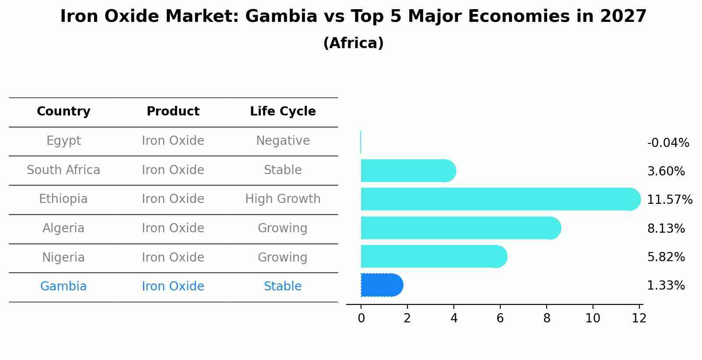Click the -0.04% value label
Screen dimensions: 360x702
tap(668, 143)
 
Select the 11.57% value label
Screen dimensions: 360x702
tap(669, 200)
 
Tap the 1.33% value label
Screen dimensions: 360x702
tap(666, 286)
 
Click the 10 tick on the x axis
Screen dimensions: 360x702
tap(593, 318)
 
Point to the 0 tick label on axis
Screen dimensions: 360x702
tap(361, 318)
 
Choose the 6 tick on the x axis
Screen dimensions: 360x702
tap(500, 318)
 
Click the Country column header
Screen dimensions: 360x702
tap(63, 112)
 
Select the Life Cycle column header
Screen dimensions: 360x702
tap(283, 112)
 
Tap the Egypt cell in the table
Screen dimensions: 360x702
tap(63, 141)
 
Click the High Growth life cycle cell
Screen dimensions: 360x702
tap(283, 199)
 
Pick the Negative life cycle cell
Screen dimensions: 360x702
tap(283, 141)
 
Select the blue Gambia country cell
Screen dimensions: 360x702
tap(63, 287)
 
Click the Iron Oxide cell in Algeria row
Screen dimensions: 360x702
tap(173, 228)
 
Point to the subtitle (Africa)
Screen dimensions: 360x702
tap(353, 43)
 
